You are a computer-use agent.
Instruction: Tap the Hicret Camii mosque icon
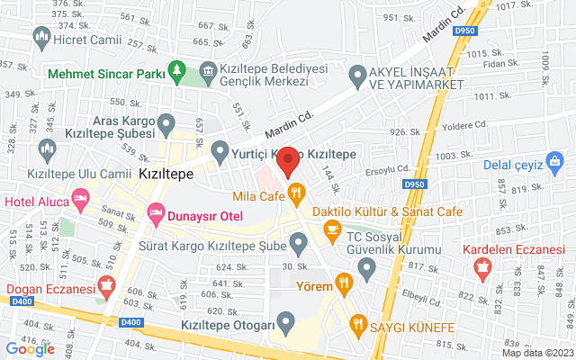coord(40,36)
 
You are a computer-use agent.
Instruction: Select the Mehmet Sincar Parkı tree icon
coord(178,71)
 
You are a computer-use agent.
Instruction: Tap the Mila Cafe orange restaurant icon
coord(294,193)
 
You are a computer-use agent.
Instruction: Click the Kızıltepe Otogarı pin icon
coord(286,320)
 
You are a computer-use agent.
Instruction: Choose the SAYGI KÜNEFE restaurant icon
coord(358,325)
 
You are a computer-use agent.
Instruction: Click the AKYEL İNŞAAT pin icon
coord(360,77)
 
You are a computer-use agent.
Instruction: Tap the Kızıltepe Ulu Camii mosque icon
coord(46,148)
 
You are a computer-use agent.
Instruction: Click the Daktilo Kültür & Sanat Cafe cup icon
coord(332,231)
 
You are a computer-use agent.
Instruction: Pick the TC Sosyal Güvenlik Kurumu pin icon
coord(366,268)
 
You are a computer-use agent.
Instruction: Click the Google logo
coord(30,348)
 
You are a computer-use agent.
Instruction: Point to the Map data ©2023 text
coord(536,353)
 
